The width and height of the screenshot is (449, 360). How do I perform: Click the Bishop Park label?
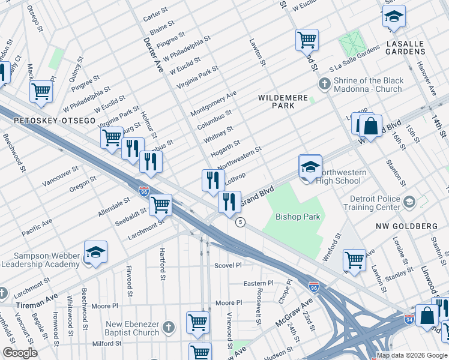(298, 217)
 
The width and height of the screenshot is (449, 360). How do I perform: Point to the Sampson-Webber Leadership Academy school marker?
(95, 254)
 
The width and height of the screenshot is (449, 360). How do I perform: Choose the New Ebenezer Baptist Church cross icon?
(169, 327)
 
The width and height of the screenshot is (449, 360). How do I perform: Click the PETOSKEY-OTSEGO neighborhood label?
(55, 121)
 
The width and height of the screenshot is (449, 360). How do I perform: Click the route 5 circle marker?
(240, 222)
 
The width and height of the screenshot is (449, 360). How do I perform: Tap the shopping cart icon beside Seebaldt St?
(160, 205)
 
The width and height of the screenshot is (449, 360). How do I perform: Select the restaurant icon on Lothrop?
(213, 180)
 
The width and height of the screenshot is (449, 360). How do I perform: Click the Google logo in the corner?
(20, 353)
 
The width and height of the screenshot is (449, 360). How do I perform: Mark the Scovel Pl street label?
(228, 265)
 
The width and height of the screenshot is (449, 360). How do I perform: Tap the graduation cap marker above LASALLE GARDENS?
(394, 17)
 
